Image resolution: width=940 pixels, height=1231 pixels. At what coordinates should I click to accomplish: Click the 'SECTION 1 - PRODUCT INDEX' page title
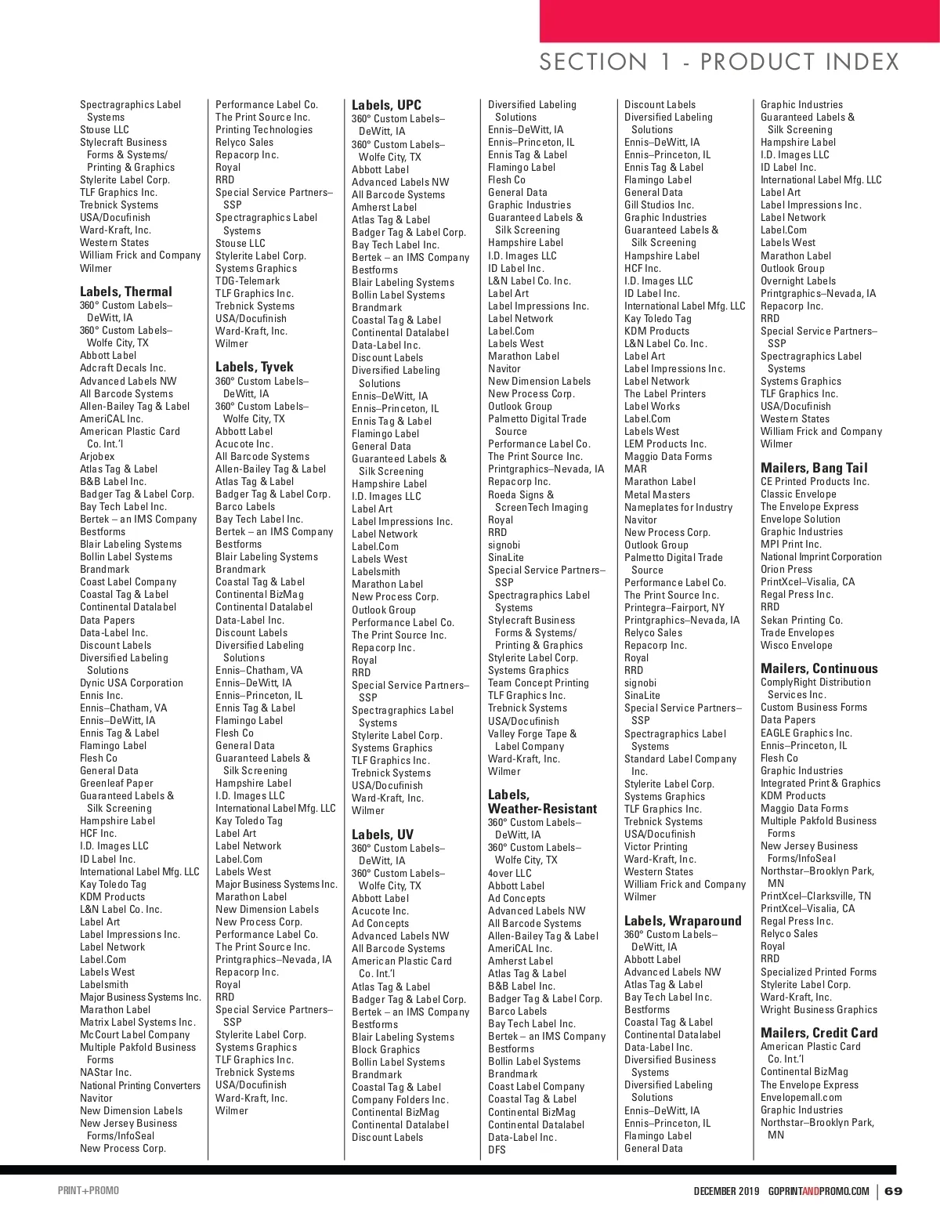[x=718, y=62]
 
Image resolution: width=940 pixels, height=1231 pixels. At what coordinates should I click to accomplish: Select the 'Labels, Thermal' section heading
[x=126, y=291]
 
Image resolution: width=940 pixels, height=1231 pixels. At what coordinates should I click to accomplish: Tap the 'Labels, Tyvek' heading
[x=255, y=367]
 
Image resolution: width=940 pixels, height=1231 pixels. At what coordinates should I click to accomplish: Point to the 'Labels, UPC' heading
[x=386, y=105]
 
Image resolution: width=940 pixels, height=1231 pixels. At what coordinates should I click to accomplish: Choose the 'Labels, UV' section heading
[x=382, y=835]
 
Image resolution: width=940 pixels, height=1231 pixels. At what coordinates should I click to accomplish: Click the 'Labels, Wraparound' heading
[x=682, y=921]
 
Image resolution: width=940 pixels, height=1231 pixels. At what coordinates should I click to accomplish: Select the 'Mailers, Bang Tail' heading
[x=814, y=468]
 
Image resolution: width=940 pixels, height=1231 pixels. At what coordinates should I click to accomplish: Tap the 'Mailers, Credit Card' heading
[x=819, y=1033]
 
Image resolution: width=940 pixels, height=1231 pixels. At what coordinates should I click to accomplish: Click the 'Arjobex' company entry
[x=97, y=456]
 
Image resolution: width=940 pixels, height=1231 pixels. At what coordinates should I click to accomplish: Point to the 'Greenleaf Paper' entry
[x=117, y=783]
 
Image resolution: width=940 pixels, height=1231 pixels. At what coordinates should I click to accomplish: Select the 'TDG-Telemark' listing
[x=248, y=281]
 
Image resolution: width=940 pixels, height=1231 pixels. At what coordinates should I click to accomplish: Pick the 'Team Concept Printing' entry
[x=538, y=682]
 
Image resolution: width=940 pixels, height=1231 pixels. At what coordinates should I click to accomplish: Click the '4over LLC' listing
[x=509, y=873]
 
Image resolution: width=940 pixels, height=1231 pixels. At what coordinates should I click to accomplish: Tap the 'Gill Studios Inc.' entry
[x=659, y=205]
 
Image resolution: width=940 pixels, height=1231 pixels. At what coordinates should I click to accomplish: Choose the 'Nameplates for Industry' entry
[x=678, y=507]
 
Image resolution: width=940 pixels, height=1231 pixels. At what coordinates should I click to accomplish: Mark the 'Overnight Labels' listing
[x=798, y=281]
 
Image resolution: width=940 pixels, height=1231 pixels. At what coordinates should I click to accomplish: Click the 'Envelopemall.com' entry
[x=801, y=1097]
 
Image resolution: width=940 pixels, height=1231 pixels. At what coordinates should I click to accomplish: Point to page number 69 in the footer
[x=893, y=1191]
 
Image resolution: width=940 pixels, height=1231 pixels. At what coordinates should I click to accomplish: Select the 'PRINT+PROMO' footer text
[x=89, y=1191]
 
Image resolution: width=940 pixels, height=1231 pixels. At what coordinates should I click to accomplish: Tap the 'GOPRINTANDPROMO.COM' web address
[x=819, y=1191]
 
